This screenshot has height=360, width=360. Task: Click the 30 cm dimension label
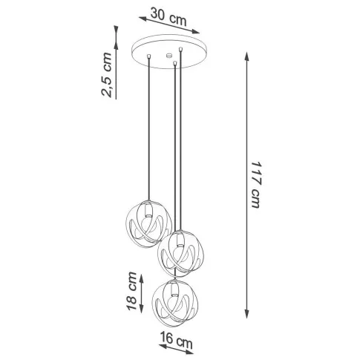tap(168, 17)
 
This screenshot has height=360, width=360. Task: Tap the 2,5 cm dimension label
tap(107, 74)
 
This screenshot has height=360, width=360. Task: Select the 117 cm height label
tap(255, 185)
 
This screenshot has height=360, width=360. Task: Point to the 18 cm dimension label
tap(131, 290)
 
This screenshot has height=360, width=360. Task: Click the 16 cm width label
tap(177, 338)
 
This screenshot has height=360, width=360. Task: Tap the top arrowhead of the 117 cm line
tap(246, 56)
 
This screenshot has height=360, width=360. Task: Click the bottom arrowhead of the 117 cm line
tap(246, 313)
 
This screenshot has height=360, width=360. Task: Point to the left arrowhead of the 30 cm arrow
tap(143, 19)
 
